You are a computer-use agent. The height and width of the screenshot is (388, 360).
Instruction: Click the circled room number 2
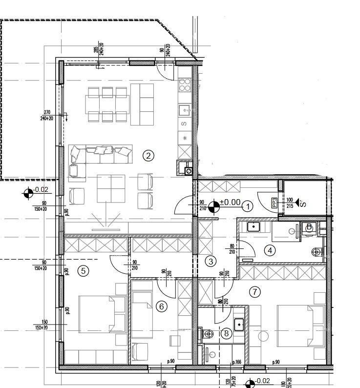(x=148, y=156)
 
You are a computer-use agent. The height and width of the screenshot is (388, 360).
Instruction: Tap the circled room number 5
(x=84, y=270)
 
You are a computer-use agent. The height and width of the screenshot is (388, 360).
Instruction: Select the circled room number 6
(x=162, y=306)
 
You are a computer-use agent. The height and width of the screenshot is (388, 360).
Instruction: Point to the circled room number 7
(x=254, y=292)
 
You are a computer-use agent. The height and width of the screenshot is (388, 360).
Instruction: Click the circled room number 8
(x=226, y=334)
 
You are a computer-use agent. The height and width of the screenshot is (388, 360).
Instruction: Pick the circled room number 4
(x=270, y=250)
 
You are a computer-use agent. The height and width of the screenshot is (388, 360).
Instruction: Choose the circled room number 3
(x=211, y=261)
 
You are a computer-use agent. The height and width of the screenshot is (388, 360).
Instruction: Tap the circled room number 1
(x=248, y=206)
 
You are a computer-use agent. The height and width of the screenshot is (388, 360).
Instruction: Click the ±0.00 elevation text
(x=230, y=202)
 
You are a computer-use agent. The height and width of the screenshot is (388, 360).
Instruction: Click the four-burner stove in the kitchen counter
(x=185, y=85)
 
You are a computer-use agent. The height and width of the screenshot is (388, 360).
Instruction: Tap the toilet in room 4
(x=317, y=252)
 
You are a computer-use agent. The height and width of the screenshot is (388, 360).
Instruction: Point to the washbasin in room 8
(x=239, y=324)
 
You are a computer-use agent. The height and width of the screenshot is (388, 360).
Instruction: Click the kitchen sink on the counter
(x=185, y=110)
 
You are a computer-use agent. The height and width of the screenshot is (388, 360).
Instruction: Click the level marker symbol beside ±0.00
(x=213, y=207)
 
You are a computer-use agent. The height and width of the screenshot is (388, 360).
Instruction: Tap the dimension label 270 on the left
(x=47, y=112)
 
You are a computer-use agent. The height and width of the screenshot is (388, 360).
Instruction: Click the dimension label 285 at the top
(x=96, y=50)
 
